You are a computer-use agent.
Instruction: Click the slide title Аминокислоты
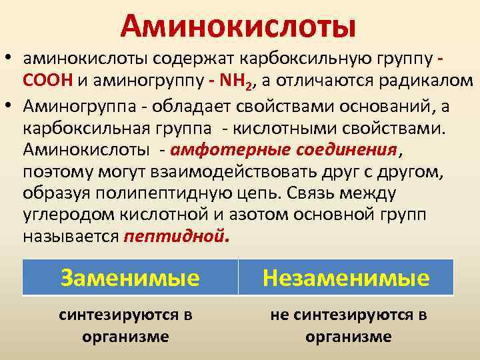[239, 26]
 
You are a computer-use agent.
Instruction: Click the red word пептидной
[175, 237]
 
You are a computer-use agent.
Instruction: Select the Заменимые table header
[129, 277]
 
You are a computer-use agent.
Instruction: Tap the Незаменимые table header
[346, 277]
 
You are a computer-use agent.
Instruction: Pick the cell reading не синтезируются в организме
[348, 325]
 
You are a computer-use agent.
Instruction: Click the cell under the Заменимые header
[125, 325]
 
